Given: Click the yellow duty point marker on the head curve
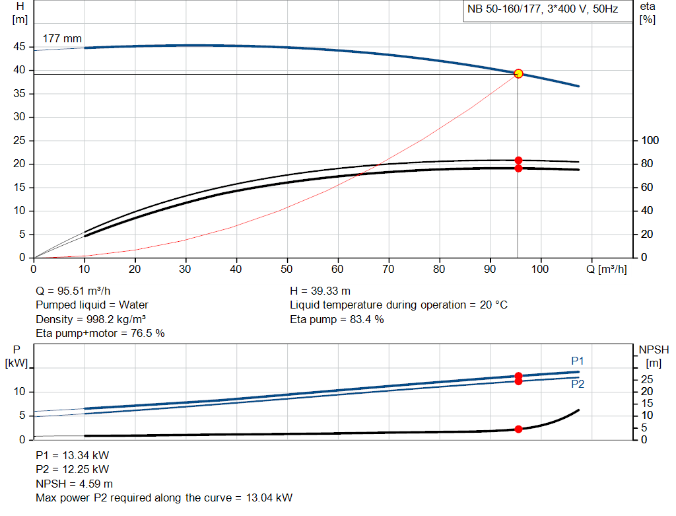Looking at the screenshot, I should click(x=518, y=73).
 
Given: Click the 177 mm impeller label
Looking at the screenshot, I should click(x=62, y=38).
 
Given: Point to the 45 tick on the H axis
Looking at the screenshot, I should click(x=20, y=47).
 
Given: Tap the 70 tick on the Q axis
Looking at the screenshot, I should click(x=388, y=269).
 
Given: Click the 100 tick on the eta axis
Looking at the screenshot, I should click(x=650, y=141).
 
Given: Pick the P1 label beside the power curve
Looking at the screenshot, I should click(x=578, y=361).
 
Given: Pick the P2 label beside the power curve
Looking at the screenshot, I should click(x=578, y=384).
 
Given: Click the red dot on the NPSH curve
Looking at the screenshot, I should click(x=518, y=429).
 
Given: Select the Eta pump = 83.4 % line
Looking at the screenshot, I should click(x=337, y=319).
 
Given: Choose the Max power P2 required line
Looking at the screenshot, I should click(x=164, y=498).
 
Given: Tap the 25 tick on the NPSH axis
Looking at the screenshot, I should click(x=648, y=379).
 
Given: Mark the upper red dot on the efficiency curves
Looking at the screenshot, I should click(x=518, y=161).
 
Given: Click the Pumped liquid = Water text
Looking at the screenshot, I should click(x=92, y=305).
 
